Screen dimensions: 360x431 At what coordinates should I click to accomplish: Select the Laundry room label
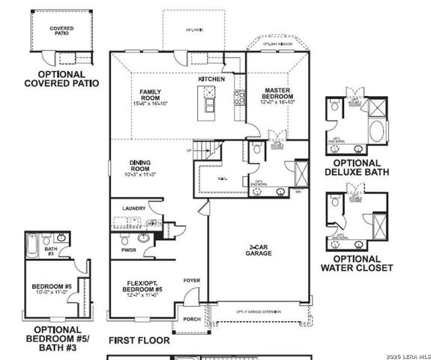point(133,208)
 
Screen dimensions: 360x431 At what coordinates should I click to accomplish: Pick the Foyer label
point(192,280)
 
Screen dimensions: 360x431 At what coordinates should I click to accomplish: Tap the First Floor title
point(139,340)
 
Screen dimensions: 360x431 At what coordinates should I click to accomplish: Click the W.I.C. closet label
point(223,178)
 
